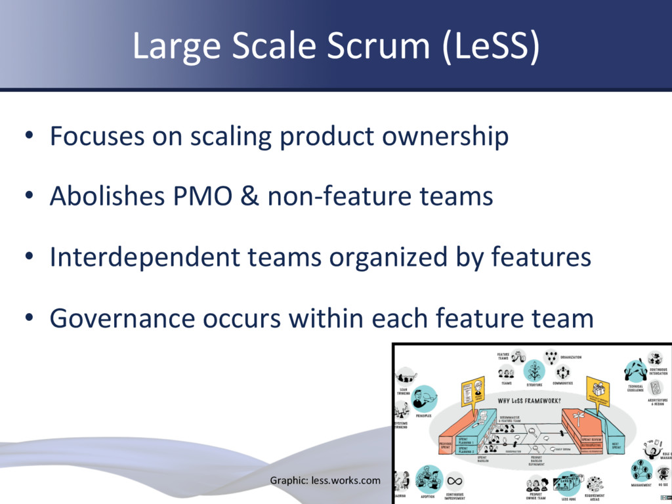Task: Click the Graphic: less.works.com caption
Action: click(325, 480)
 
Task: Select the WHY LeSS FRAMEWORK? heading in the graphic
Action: click(534, 400)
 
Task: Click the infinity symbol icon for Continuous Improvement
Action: click(455, 479)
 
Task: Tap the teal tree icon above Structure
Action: click(534, 370)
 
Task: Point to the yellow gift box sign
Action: click(597, 390)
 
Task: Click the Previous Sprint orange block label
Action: click(446, 445)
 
